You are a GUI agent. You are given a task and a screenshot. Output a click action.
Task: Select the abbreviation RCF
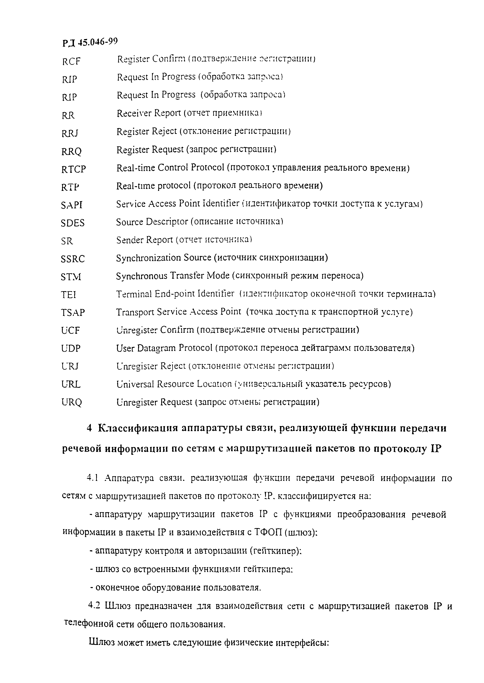click(x=71, y=61)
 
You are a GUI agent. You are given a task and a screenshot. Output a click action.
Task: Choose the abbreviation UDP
click(x=71, y=348)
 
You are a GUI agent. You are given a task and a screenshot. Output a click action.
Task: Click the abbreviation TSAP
click(x=73, y=313)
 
